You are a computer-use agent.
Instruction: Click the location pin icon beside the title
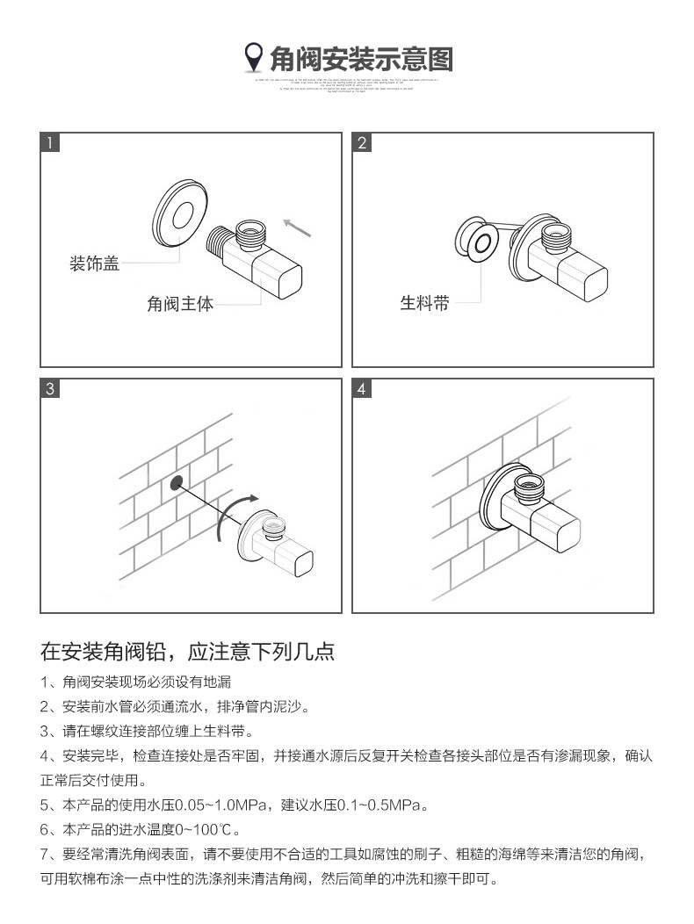[x=253, y=58]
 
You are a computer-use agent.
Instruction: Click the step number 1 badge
[x=51, y=143]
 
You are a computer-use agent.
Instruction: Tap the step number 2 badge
[x=363, y=143]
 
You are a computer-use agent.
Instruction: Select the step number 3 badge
[x=51, y=389]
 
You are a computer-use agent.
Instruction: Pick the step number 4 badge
[x=363, y=389]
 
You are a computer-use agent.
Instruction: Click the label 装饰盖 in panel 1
[x=94, y=263]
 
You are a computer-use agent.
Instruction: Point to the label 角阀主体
[x=179, y=305]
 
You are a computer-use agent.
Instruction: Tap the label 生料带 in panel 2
[x=424, y=304]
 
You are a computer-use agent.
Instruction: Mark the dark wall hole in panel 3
[x=177, y=481]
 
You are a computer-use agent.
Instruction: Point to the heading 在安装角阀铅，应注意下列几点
[x=187, y=652]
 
